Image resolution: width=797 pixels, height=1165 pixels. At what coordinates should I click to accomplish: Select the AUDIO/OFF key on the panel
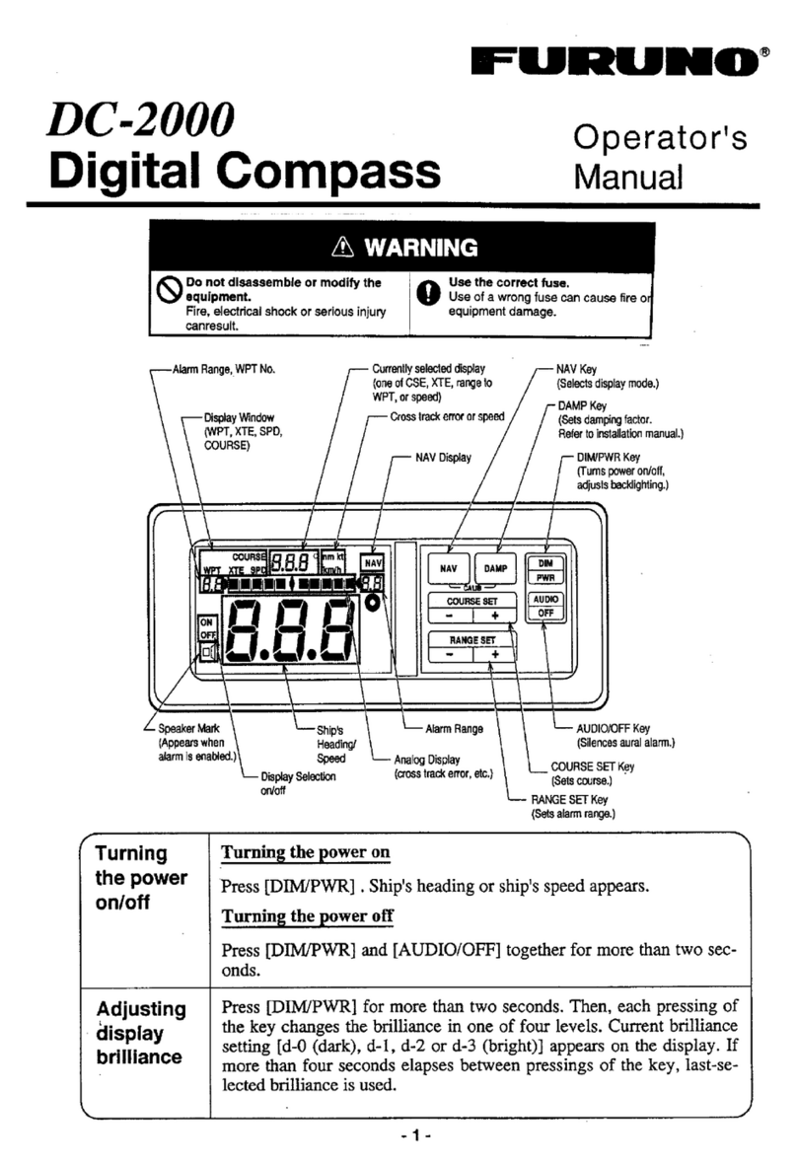pos(545,605)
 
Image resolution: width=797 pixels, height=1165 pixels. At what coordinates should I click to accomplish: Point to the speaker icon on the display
pos(207,653)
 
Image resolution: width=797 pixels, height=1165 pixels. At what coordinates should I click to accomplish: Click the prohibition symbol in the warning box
pos(171,289)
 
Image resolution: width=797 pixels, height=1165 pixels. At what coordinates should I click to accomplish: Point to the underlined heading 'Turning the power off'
pos(307,915)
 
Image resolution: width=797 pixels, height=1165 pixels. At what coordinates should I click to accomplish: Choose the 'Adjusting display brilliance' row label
pos(139,1033)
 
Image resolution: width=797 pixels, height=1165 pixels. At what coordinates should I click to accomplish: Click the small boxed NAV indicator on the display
pos(373,561)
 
